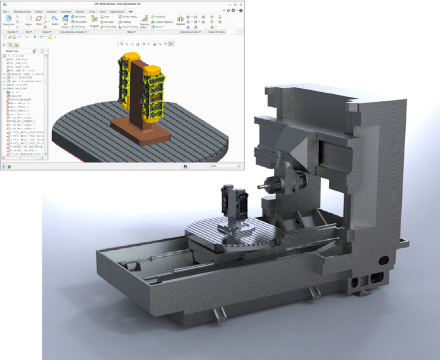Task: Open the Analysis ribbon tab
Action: coord(51,11)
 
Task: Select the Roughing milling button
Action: coord(94,21)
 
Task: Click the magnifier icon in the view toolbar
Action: coord(122,44)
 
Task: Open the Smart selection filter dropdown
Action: coord(225,166)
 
